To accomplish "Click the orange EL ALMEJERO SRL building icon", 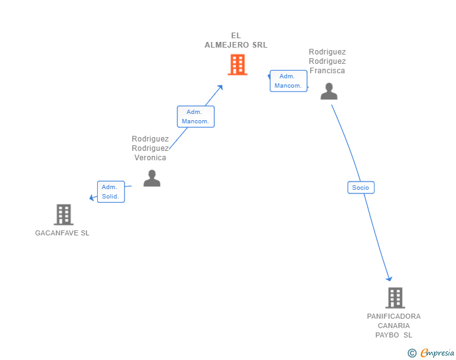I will pyautogui.click(x=237, y=64).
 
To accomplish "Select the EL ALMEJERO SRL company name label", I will pyautogui.click(x=236, y=40).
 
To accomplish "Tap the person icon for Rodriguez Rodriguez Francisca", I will pyautogui.click(x=329, y=91).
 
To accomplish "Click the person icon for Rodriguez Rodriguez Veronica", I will pyautogui.click(x=152, y=178).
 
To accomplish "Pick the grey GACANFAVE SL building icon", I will pyautogui.click(x=63, y=215).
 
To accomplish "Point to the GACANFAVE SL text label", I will pyautogui.click(x=62, y=233).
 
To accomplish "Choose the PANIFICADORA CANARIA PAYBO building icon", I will pyautogui.click(x=395, y=298).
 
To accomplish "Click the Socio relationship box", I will pyautogui.click(x=361, y=187).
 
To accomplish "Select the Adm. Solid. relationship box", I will pyautogui.click(x=111, y=192).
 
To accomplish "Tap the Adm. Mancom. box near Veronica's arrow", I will pyautogui.click(x=195, y=116).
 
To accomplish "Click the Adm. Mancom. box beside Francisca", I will pyautogui.click(x=288, y=81).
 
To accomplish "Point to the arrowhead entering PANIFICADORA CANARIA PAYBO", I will pyautogui.click(x=390, y=279).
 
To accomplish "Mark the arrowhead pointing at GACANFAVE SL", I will pyautogui.click(x=91, y=198).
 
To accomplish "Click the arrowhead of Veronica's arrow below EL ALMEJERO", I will pyautogui.click(x=220, y=86).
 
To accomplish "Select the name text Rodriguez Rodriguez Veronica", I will pyautogui.click(x=150, y=148).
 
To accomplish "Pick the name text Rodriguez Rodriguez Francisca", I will pyautogui.click(x=327, y=61).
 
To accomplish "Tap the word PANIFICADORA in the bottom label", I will pyautogui.click(x=394, y=316).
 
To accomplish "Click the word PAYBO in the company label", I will pyautogui.click(x=388, y=335).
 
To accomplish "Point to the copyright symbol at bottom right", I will pyautogui.click(x=412, y=353).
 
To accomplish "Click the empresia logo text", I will pyautogui.click(x=437, y=353).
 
